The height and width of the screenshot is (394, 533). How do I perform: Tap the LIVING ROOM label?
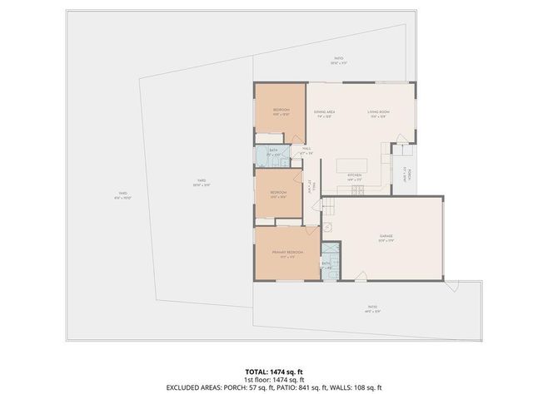pos(378,112)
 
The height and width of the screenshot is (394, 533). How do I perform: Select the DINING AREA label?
pos(325,112)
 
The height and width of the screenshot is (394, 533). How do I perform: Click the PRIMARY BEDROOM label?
pos(287,252)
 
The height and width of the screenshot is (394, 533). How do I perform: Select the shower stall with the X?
pos(329,250)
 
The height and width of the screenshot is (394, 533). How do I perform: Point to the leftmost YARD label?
pos(122,195)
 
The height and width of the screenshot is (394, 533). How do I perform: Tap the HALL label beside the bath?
pos(306,150)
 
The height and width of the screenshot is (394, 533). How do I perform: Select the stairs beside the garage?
pos(326,204)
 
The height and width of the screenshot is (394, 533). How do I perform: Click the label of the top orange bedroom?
pos(281,111)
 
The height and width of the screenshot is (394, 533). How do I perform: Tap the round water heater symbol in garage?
pos(327,225)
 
